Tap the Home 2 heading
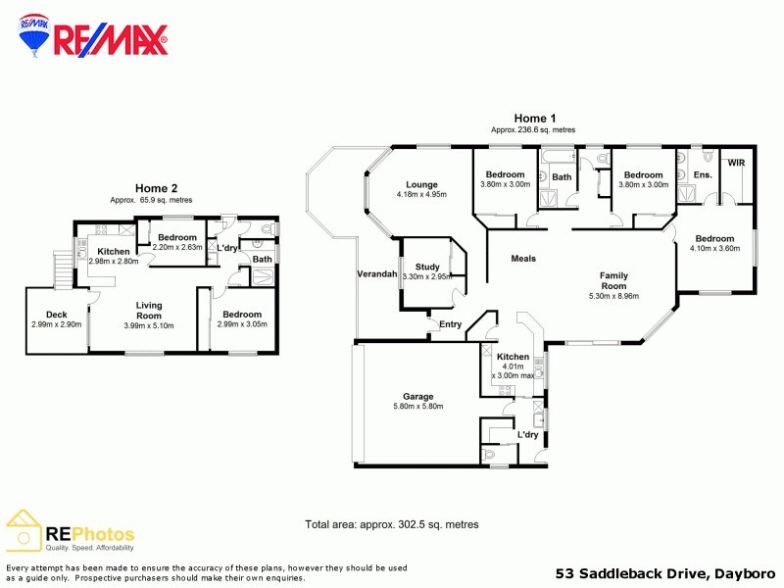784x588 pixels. point(157,188)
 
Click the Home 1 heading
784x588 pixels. point(535,118)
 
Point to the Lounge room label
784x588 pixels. point(421,184)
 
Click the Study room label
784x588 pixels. point(427,267)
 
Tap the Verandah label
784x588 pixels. point(377,274)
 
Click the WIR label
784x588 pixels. point(737,163)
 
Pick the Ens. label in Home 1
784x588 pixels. point(702,174)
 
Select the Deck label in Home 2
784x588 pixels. point(56,314)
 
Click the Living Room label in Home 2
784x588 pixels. point(149,311)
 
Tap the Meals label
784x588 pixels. point(523,259)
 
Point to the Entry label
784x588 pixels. point(450,324)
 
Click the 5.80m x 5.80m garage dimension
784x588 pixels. point(417,407)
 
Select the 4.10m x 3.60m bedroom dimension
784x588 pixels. point(715,248)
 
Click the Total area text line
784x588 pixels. point(392,524)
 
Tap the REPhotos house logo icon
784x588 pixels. point(24,530)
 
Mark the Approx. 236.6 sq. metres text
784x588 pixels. point(533,129)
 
